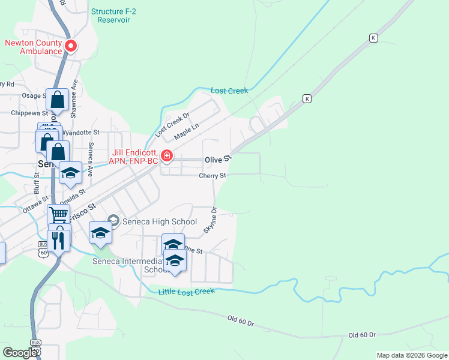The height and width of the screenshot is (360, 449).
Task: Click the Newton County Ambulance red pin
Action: pyautogui.click(x=71, y=46)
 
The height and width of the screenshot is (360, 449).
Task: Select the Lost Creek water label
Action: pyautogui.click(x=229, y=91)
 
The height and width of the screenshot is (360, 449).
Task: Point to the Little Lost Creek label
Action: pyautogui.click(x=186, y=292)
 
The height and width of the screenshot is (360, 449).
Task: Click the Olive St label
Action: pyautogui.click(x=218, y=160)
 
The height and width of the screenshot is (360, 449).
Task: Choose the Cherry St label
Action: pyautogui.click(x=212, y=176)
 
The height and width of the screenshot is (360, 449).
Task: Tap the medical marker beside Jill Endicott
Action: pyautogui.click(x=166, y=157)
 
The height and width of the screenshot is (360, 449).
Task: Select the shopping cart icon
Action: pyautogui.click(x=58, y=214)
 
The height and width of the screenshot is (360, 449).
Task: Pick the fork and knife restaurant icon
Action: pyautogui.click(x=58, y=240)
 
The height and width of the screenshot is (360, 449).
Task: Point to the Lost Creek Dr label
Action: pyautogui.click(x=172, y=123)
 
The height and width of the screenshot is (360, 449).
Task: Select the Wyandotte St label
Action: pyautogui.click(x=81, y=131)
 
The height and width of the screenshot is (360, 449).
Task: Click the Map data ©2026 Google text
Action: pyautogui.click(x=412, y=355)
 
